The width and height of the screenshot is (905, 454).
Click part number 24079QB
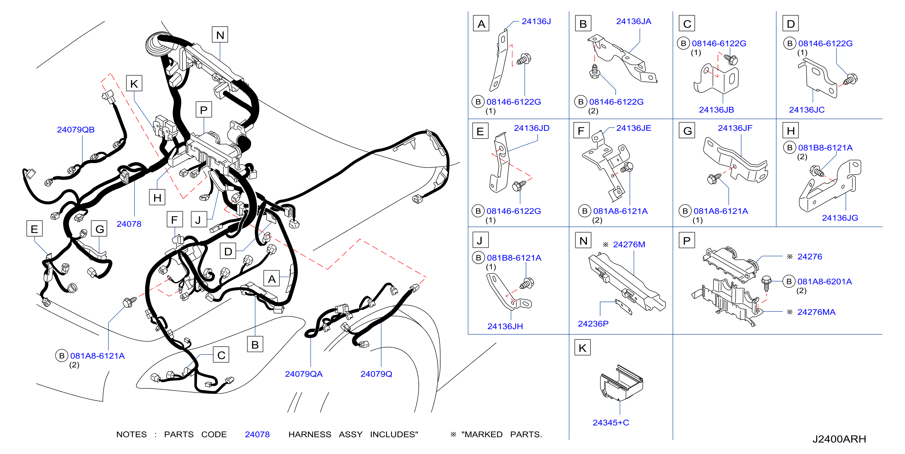click(76, 130)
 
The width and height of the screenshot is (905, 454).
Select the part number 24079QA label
click(303, 374)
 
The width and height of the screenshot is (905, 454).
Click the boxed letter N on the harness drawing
click(220, 35)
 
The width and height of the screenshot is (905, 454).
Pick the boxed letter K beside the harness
click(134, 84)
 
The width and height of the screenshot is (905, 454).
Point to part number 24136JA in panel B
click(633, 21)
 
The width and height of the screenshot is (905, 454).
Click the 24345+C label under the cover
click(610, 422)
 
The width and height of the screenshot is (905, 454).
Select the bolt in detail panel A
click(524, 59)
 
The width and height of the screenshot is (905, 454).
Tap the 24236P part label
click(593, 323)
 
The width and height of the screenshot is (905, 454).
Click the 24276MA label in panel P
click(816, 312)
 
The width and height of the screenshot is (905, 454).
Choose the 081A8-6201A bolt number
click(824, 281)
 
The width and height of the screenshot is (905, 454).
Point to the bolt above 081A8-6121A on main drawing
click(130, 302)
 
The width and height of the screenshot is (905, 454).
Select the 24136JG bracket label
click(840, 218)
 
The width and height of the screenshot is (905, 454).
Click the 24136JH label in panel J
click(505, 326)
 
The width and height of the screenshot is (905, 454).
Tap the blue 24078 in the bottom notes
click(257, 434)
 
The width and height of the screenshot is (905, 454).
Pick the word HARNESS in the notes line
click(310, 434)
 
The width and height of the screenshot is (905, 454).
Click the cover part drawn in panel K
click(621, 383)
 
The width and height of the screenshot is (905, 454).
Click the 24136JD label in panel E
click(531, 128)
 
